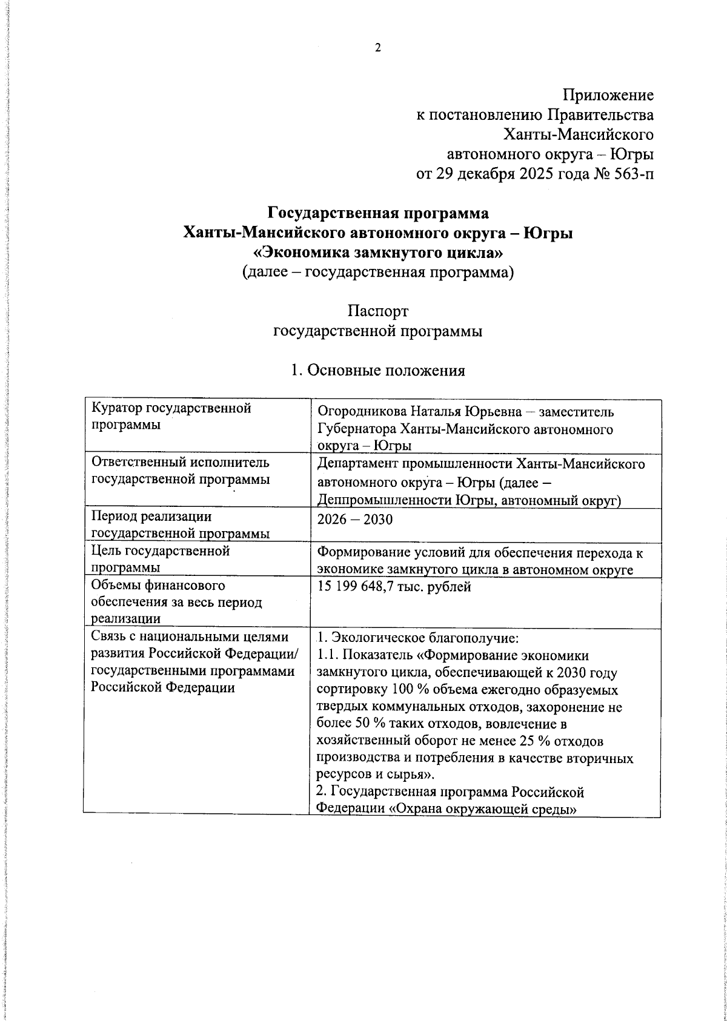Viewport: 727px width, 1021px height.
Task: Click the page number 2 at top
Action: [377, 49]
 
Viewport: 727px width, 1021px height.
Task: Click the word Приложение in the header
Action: [608, 95]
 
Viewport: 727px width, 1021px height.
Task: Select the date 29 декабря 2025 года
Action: [502, 175]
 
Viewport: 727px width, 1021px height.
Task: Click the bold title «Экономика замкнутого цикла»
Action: [378, 252]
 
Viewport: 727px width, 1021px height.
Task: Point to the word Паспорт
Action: [378, 311]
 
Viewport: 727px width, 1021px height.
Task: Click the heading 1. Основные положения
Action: [378, 371]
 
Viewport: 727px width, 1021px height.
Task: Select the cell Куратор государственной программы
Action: [171, 417]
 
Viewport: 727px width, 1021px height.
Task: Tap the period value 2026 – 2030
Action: [355, 520]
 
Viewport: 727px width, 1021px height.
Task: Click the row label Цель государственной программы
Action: [160, 560]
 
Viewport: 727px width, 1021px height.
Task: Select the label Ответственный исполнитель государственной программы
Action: [180, 472]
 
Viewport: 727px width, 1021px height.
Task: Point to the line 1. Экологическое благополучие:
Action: [418, 638]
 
